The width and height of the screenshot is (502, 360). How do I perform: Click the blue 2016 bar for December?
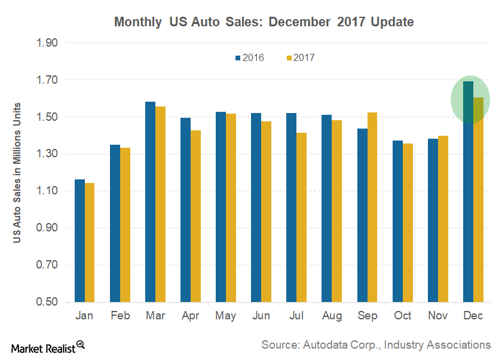click(468, 191)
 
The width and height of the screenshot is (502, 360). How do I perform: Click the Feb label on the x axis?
click(120, 316)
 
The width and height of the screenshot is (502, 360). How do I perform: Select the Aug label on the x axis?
click(332, 316)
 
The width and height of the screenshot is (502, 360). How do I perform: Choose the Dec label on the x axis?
click(473, 316)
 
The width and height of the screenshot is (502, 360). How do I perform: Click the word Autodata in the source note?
click(327, 344)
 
